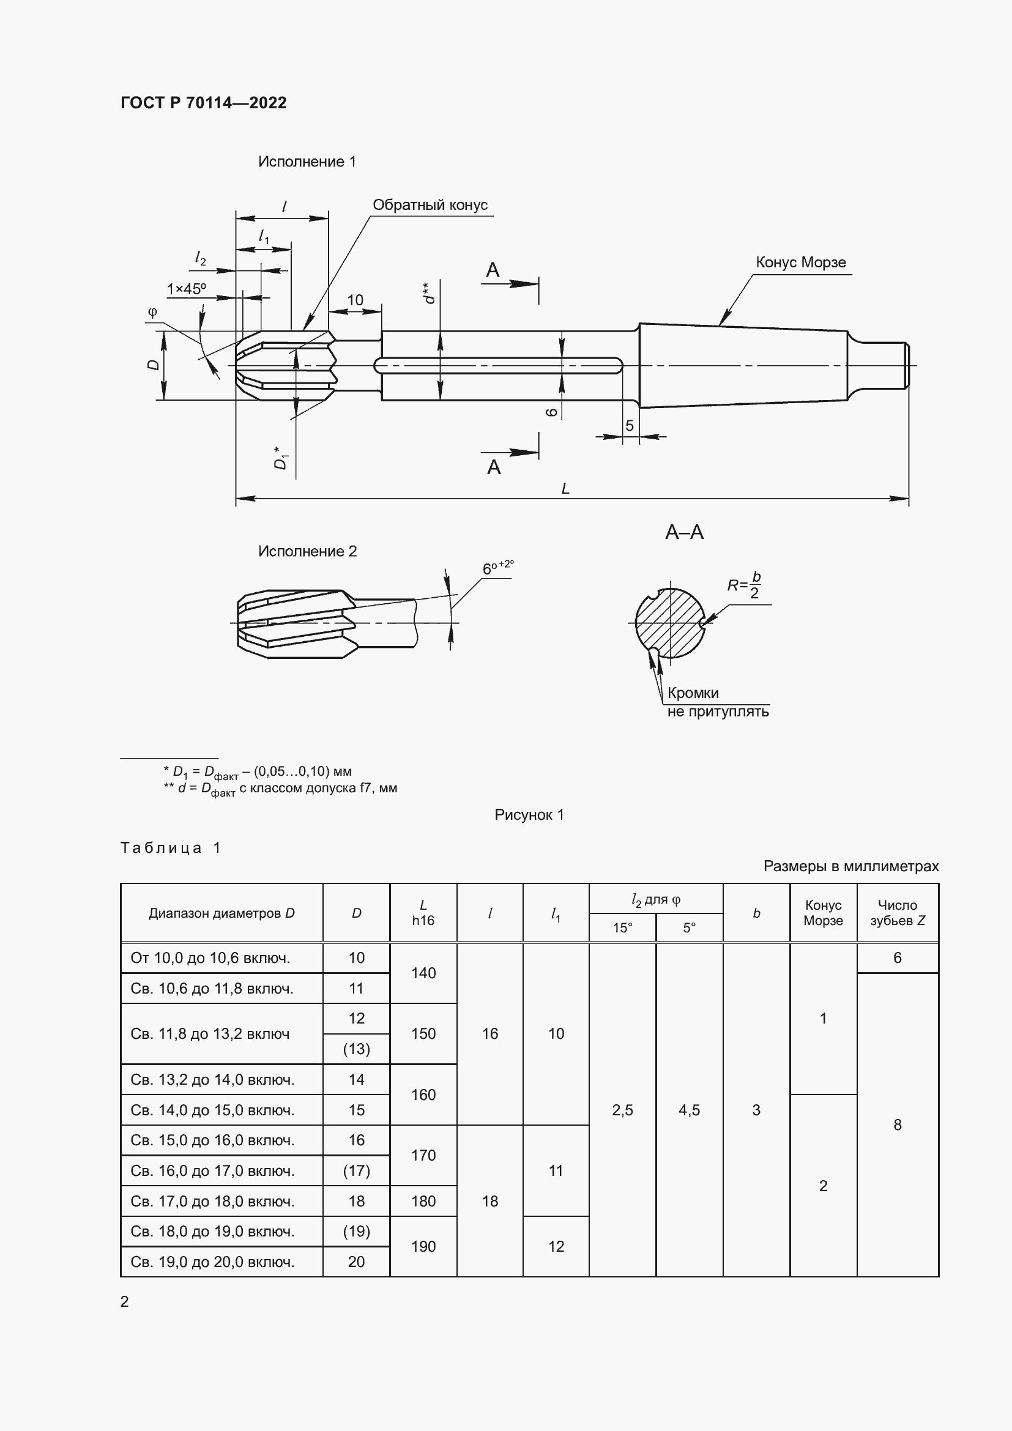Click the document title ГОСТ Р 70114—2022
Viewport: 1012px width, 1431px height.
tap(203, 103)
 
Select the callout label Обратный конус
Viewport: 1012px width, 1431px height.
tap(430, 205)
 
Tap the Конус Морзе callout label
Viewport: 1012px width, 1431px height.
tap(800, 262)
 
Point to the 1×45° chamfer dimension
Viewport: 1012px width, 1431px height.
tap(186, 289)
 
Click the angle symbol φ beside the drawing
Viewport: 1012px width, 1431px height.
tap(153, 312)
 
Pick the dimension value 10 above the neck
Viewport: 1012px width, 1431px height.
tap(355, 300)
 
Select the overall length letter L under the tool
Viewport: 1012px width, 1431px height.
tap(565, 489)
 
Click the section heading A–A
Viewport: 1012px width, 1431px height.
tap(684, 532)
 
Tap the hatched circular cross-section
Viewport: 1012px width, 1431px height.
tap(670, 623)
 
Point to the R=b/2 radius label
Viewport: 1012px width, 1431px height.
tap(744, 585)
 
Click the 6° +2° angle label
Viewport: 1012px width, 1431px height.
tap(497, 568)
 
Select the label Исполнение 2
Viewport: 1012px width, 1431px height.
tap(307, 552)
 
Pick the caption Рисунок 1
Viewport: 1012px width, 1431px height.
tap(529, 814)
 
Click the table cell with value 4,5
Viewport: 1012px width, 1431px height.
tap(688, 1110)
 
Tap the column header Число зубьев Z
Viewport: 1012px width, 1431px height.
tap(897, 912)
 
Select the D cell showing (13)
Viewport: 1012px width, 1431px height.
tap(356, 1049)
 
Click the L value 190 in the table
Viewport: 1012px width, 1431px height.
tap(423, 1246)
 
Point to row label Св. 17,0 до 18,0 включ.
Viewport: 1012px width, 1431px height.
tap(212, 1201)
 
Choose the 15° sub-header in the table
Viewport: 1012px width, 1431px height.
tap(622, 927)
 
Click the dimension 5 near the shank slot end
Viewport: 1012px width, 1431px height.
tap(630, 425)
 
